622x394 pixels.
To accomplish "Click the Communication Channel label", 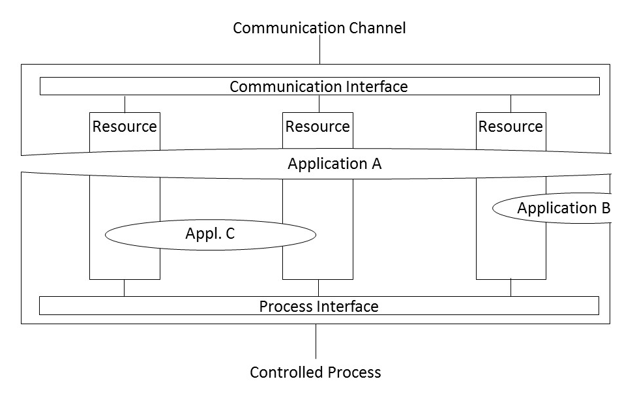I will coord(319,28).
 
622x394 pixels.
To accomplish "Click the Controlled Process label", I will coord(315,372).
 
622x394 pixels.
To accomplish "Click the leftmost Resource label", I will coord(125,126).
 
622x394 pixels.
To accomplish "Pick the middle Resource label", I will coord(318,126).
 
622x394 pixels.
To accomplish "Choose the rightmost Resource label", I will coord(511,126).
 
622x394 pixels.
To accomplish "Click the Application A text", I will coord(334,164).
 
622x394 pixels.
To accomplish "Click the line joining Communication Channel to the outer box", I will coord(319,50).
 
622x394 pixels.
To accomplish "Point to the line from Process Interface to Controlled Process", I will coord(316,341).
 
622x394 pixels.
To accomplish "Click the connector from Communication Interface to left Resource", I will coord(125,104).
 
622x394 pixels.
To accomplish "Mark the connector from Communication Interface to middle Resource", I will coord(319,104).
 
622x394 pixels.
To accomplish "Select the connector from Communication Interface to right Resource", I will coord(511,104).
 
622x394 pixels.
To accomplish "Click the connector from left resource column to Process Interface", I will coord(124,288).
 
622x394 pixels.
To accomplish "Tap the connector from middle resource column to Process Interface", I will coord(318,288).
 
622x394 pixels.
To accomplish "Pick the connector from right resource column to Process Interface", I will coord(511,288).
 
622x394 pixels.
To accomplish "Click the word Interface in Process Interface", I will coord(349,306).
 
